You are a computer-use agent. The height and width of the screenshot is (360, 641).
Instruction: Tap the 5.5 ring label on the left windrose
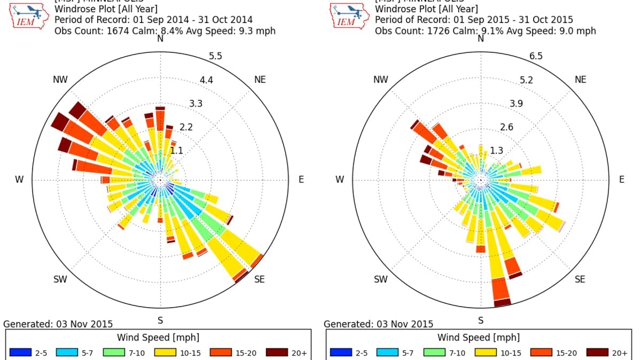(216, 57)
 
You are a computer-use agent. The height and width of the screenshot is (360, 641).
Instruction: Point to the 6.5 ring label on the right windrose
(536, 57)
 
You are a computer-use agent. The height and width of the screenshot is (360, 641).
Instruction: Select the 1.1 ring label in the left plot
(176, 151)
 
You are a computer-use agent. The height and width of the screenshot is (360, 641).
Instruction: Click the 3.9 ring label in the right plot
(516, 104)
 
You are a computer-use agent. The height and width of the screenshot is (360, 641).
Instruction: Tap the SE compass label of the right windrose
(580, 279)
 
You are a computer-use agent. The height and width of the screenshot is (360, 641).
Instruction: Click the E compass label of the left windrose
(301, 179)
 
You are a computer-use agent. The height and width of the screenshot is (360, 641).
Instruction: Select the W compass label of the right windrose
(340, 179)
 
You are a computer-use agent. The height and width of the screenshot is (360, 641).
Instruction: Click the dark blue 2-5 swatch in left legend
(20, 352)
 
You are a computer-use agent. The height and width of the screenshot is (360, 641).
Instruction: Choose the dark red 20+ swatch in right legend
(597, 352)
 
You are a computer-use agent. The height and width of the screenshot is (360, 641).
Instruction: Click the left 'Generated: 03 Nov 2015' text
(58, 324)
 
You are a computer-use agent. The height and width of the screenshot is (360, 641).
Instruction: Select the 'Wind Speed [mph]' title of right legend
(478, 338)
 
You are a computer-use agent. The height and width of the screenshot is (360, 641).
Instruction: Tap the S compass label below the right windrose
(481, 320)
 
